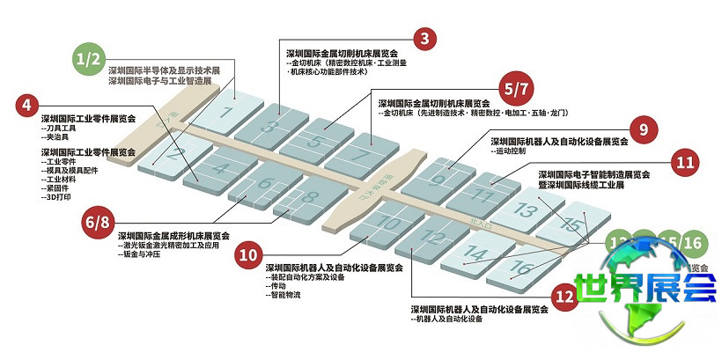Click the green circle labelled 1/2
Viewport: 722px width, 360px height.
[x=90, y=59]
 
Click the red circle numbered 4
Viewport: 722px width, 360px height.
[x=28, y=104]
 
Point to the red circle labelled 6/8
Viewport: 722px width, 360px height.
[x=99, y=220]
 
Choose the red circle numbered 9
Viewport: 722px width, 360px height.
[x=644, y=129]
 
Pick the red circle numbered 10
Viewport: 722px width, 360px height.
[x=250, y=253]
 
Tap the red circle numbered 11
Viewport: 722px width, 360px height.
[x=686, y=162]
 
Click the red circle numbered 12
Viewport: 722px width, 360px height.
[x=563, y=294]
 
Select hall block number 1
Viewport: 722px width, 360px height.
[x=227, y=113]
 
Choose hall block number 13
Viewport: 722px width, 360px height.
[x=527, y=210]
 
